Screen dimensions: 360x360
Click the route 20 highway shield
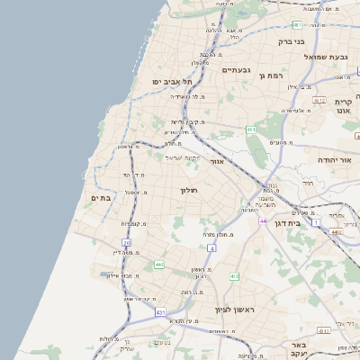[x=127, y=243]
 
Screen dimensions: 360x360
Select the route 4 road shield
[x=211, y=247]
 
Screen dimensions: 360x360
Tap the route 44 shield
[x=264, y=220]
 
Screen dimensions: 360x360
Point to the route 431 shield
[x=160, y=311]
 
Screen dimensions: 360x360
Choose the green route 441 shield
[x=159, y=264]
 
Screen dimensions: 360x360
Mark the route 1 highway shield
[x=316, y=221]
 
